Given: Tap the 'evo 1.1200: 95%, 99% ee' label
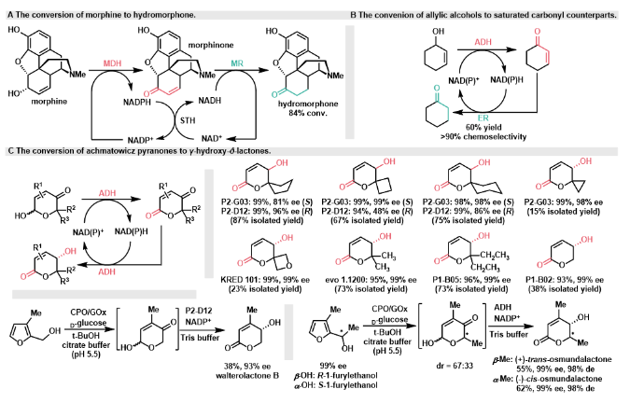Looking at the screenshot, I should tap(368, 291).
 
